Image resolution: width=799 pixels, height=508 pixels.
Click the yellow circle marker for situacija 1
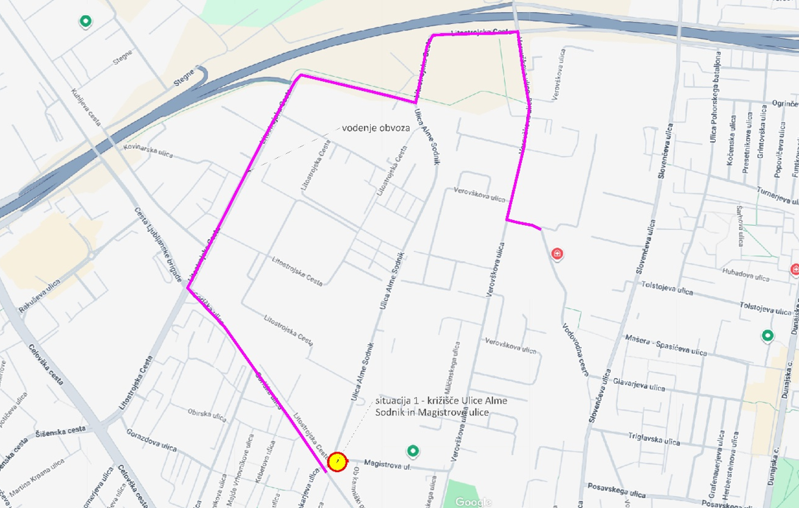(337, 462)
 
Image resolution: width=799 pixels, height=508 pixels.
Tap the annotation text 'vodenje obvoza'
(375, 128)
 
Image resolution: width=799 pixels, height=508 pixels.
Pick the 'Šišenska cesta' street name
(65, 430)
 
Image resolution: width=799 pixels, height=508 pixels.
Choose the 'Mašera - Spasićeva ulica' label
(666, 345)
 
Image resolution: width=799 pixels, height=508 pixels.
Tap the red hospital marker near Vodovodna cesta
(558, 253)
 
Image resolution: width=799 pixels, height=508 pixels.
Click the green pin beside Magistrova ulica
(413, 451)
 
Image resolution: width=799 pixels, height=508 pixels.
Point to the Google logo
(472, 502)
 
